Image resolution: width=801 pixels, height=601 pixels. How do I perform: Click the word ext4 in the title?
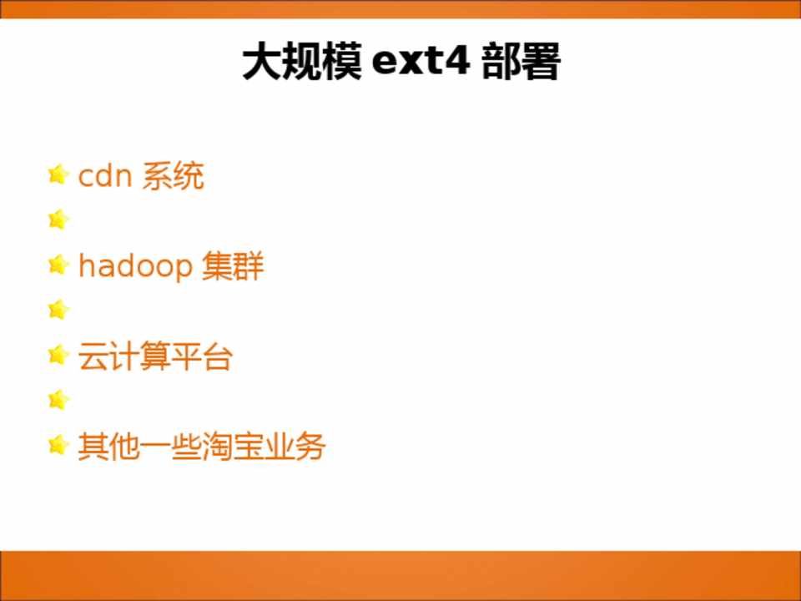(421, 61)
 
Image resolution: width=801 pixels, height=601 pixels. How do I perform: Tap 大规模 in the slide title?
(302, 61)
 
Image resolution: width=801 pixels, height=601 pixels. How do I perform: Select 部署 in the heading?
(521, 61)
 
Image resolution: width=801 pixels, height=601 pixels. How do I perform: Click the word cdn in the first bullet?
(105, 176)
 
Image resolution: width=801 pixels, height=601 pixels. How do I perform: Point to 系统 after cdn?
(173, 176)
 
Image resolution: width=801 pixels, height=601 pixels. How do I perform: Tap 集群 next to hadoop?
(233, 266)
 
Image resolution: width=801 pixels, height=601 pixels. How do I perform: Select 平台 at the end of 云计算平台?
(202, 356)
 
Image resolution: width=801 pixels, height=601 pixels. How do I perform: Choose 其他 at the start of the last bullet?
(108, 447)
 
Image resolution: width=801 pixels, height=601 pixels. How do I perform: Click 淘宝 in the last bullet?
(233, 447)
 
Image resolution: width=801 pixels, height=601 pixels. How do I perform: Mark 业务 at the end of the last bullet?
(295, 447)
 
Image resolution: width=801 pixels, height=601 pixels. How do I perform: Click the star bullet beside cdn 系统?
(58, 174)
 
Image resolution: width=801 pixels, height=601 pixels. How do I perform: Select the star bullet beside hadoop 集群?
(58, 265)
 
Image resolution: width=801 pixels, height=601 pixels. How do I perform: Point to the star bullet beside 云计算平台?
(58, 355)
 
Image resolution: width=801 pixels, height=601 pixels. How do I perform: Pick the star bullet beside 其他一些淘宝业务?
(58, 445)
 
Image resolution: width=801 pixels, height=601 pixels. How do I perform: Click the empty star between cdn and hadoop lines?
(58, 220)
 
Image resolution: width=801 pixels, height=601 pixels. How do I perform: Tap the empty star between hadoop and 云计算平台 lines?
(58, 310)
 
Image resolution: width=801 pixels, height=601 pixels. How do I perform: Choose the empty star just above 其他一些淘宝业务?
(58, 400)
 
